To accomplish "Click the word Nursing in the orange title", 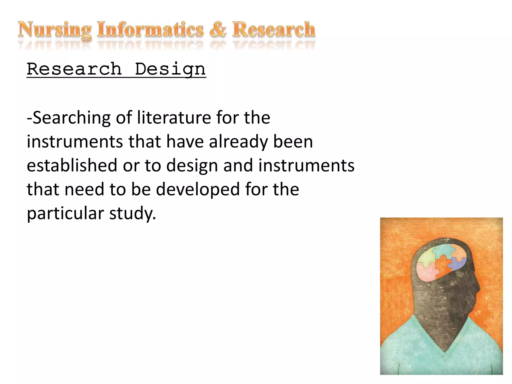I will tap(54, 30).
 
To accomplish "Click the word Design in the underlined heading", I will tap(170, 69).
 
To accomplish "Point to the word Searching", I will tap(71, 118).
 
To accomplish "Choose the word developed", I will tap(198, 189).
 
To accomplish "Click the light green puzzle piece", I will tap(425, 258).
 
